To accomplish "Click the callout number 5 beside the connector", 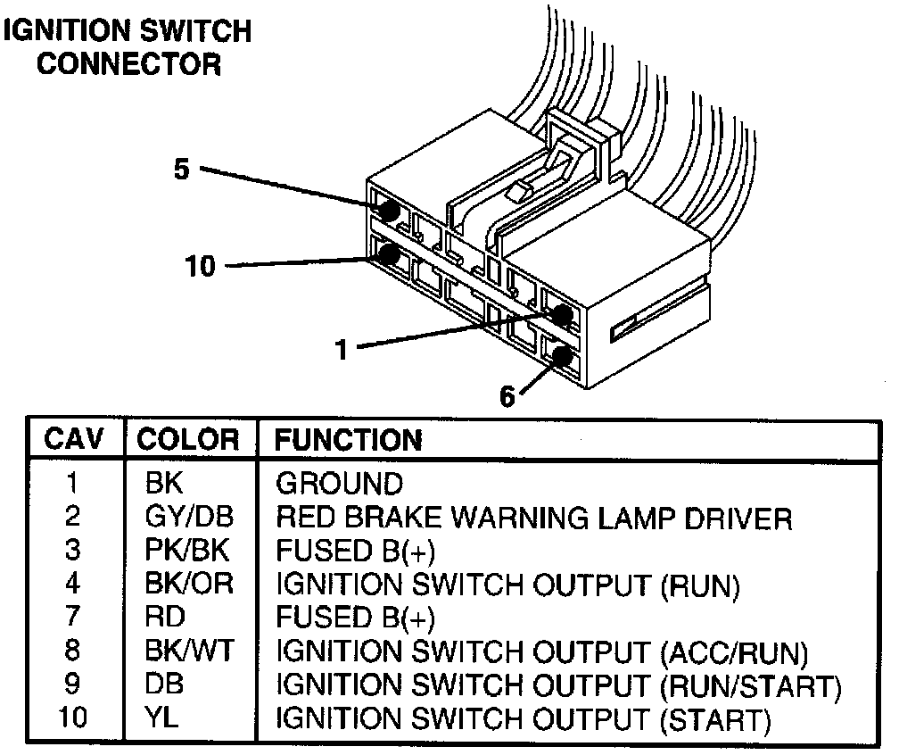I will (x=182, y=170).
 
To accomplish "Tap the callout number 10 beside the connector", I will (x=201, y=266).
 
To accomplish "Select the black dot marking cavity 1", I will (x=563, y=314).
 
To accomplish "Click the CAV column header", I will (x=74, y=439).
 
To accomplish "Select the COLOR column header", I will (x=188, y=439).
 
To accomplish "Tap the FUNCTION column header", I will (x=348, y=439).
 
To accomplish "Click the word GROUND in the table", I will (x=339, y=484).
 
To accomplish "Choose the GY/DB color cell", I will (x=188, y=517).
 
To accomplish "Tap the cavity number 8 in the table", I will (x=74, y=651).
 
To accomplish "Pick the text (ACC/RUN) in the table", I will (x=734, y=651).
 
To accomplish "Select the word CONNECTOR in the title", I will (x=129, y=64).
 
